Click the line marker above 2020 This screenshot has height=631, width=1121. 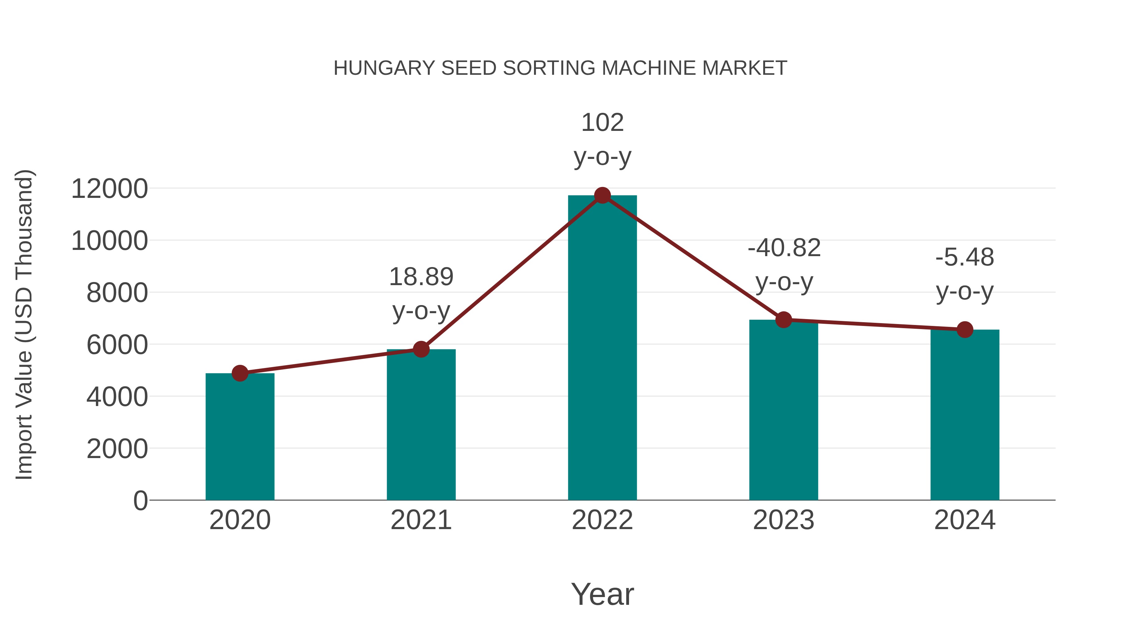point(240,373)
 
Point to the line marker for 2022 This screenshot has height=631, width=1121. point(602,195)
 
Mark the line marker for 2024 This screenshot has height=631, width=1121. point(965,330)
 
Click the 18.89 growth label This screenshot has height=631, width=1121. point(421,277)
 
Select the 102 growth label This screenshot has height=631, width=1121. point(602,122)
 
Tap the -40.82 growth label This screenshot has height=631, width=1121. point(784,248)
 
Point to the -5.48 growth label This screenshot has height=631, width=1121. point(965,257)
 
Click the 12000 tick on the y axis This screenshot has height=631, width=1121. point(109,189)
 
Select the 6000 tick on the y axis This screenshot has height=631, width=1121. point(117,345)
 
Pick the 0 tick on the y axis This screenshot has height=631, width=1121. point(140,501)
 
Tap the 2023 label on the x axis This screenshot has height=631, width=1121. point(783,520)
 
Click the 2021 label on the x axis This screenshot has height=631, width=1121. point(421,520)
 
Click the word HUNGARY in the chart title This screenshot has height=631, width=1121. point(384,68)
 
